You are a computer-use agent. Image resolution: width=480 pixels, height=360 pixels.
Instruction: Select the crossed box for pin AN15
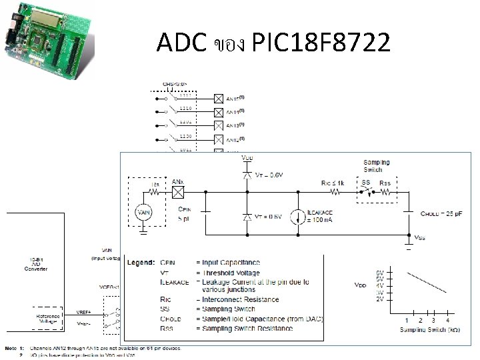tap(218, 97)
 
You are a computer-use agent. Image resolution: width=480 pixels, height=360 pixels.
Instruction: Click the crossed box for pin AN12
tap(218, 139)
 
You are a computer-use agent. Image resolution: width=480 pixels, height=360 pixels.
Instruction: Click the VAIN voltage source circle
tap(143, 213)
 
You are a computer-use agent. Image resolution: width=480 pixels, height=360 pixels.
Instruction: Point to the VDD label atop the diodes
tap(247, 159)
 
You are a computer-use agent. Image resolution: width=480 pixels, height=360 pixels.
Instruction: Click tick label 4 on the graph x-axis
tap(447, 319)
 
